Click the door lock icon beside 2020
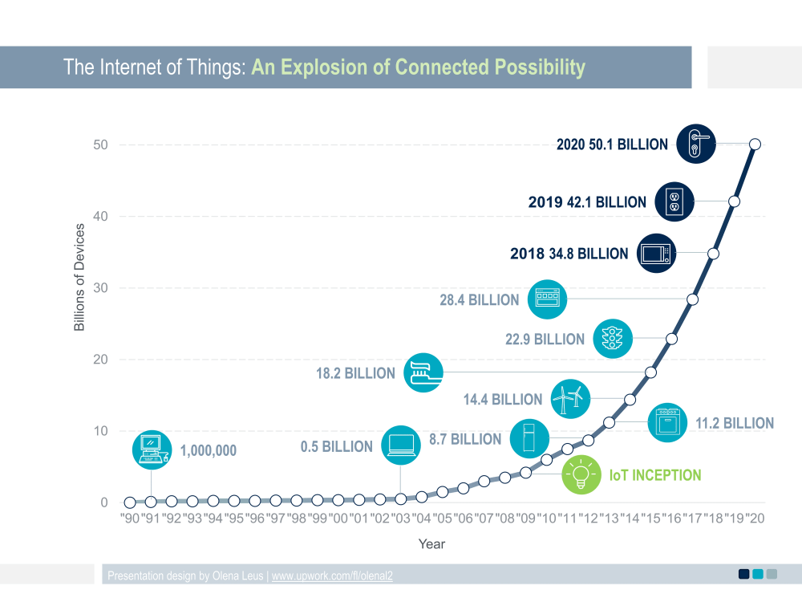point(695,144)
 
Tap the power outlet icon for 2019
point(674,201)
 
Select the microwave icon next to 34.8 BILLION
point(657,254)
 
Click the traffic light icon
point(613,339)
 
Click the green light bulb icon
point(580,474)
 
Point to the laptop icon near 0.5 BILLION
point(401,445)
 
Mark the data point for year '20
point(755,144)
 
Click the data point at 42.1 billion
point(734,201)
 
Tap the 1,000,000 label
point(208,451)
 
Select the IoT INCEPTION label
point(655,475)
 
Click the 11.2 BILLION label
point(734,423)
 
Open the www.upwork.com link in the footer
point(332,576)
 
